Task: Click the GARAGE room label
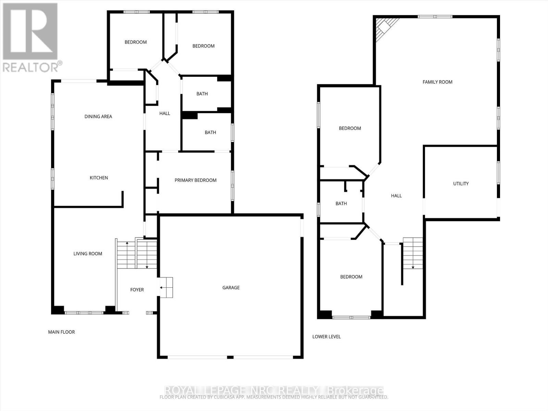click(x=231, y=288)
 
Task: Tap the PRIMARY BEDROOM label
click(x=195, y=180)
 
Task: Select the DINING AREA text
click(x=98, y=116)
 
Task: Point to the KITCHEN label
click(x=99, y=178)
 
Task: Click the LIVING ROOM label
click(x=88, y=254)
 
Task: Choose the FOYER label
click(x=137, y=290)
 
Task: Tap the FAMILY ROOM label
click(x=437, y=82)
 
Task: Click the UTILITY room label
click(x=461, y=184)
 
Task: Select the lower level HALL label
click(x=396, y=196)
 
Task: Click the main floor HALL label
click(x=164, y=113)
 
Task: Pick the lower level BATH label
click(x=341, y=203)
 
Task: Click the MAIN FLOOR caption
click(x=61, y=332)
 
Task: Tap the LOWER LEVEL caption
click(x=326, y=337)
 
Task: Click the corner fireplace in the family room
click(x=384, y=27)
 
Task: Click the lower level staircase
click(x=413, y=253)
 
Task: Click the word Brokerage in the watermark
click(x=355, y=390)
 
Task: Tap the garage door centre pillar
click(x=230, y=357)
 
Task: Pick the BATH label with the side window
click(x=210, y=133)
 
